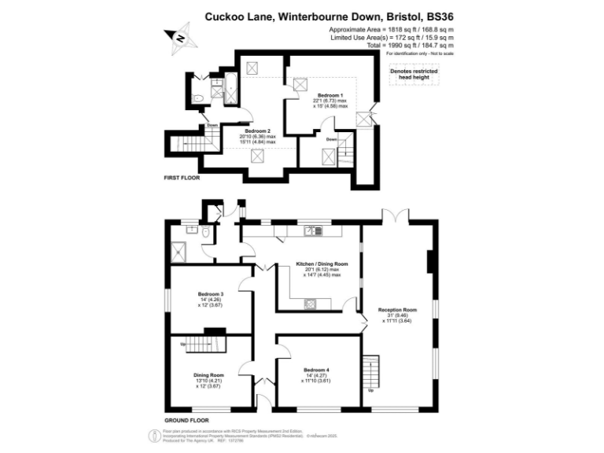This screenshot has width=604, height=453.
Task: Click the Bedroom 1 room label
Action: pyautogui.click(x=330, y=94)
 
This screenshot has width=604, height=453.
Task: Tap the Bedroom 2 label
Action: pyautogui.click(x=258, y=131)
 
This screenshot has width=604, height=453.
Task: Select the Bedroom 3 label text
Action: pyautogui.click(x=211, y=293)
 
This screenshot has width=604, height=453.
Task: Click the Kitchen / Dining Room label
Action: pyautogui.click(x=322, y=263)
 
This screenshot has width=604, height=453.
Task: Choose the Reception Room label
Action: pyautogui.click(x=396, y=310)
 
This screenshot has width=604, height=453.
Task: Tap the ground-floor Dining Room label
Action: pyautogui.click(x=209, y=375)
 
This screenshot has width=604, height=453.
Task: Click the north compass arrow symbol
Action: pyautogui.click(x=179, y=37)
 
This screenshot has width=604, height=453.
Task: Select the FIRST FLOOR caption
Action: pyautogui.click(x=182, y=179)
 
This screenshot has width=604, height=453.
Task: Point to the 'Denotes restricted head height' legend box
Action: pyautogui.click(x=414, y=73)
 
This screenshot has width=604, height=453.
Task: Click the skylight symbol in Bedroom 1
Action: pyautogui.click(x=299, y=84)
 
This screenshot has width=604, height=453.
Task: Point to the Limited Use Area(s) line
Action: pyautogui.click(x=391, y=37)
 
